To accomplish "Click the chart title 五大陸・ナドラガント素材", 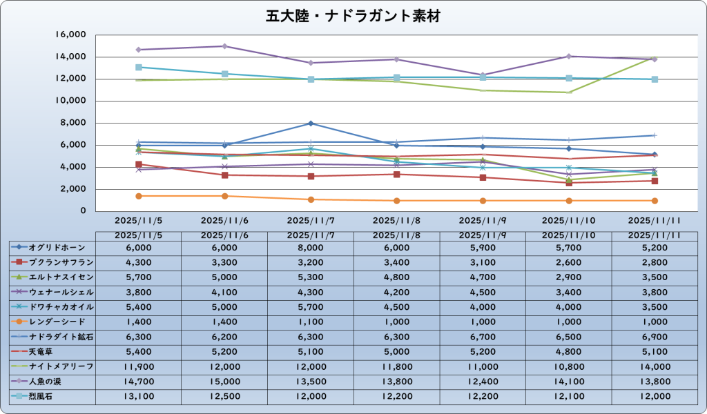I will (353, 15).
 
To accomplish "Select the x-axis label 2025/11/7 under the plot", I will (311, 221).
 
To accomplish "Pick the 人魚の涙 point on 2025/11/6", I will (224, 46).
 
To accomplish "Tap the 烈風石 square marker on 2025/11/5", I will (139, 67).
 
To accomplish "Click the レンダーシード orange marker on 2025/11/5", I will (139, 196).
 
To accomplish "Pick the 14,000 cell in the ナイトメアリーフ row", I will (655, 366).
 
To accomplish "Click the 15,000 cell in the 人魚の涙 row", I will (224, 380).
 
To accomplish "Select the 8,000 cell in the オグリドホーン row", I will (311, 247).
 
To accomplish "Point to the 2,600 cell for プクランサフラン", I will (568, 262).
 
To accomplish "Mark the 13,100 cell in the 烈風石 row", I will (139, 395).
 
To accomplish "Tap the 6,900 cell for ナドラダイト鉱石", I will (655, 336).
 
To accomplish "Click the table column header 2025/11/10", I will (568, 235).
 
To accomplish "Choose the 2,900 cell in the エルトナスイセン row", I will (568, 277).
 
